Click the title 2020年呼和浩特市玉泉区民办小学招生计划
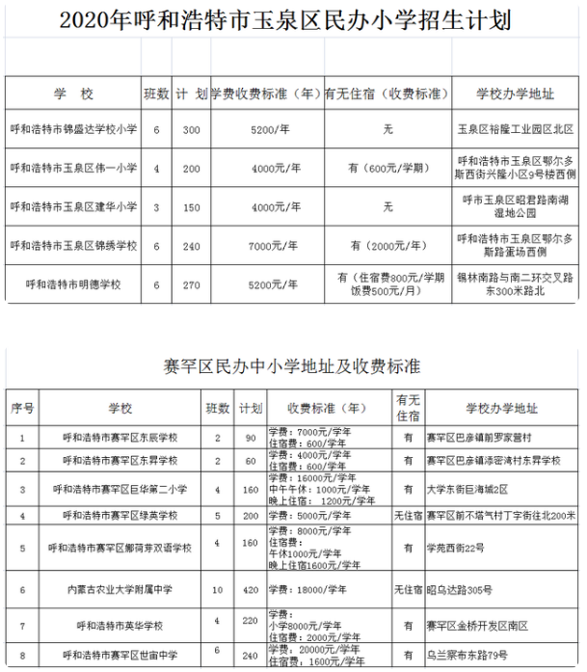[292, 20]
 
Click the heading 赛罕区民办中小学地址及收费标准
[293, 366]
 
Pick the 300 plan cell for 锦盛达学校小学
[192, 127]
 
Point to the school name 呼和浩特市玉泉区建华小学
[73, 206]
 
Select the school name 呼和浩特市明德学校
[73, 285]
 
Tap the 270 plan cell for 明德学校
[192, 285]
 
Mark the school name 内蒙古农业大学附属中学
[113, 587]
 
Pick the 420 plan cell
[250, 587]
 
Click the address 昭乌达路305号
[462, 587]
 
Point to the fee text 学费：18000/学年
[303, 587]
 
